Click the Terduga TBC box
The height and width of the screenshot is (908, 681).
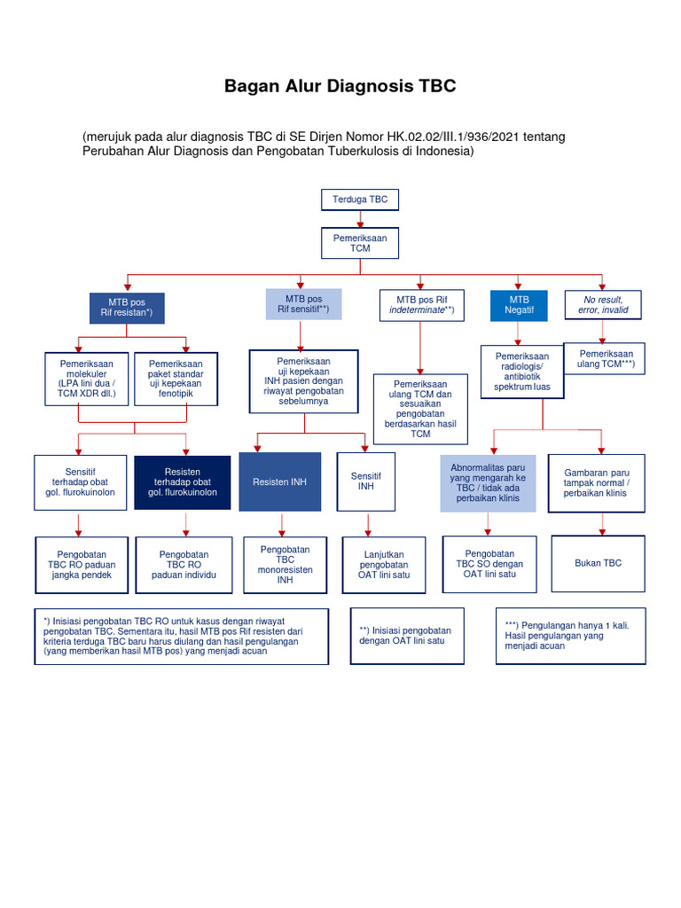[360, 200]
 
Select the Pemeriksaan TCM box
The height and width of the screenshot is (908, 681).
[360, 243]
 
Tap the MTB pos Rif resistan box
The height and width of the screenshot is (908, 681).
[126, 308]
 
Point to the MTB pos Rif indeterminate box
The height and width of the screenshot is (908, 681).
[422, 304]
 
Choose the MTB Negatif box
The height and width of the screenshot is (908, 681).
[518, 305]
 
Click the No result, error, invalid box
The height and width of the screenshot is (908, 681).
[605, 304]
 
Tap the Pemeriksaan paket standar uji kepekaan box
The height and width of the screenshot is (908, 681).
[176, 379]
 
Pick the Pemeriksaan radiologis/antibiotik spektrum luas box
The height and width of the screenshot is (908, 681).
[521, 372]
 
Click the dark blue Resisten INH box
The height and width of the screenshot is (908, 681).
[279, 481]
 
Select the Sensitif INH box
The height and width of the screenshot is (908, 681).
[366, 481]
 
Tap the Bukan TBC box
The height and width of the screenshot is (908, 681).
[599, 562]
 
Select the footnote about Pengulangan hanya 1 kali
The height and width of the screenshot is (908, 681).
[570, 636]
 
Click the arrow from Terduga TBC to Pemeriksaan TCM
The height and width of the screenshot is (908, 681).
[360, 219]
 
